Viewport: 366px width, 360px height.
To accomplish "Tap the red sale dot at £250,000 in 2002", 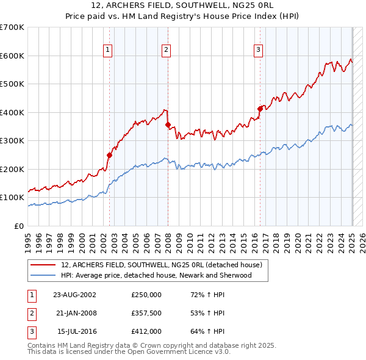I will tap(110, 155).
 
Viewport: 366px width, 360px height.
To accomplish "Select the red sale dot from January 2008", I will tap(168, 124).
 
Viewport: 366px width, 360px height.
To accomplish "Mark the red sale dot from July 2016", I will tap(260, 109).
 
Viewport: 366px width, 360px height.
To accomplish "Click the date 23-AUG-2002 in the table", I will tap(74, 294).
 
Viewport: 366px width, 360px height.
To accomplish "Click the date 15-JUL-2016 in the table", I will tap(74, 331).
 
